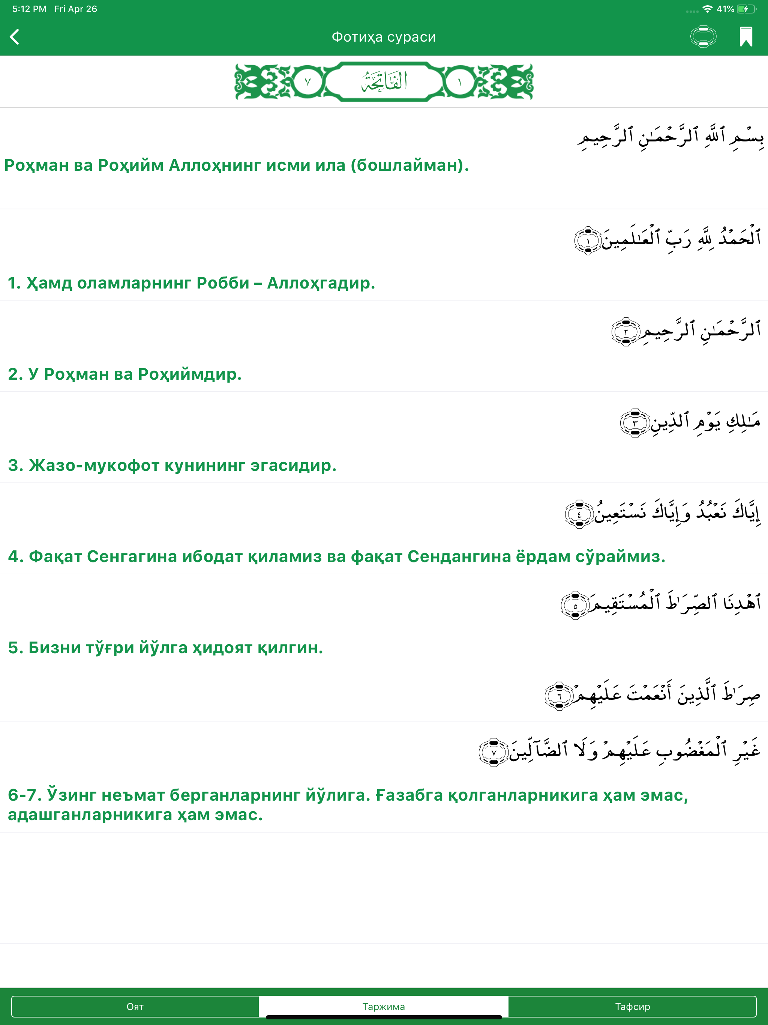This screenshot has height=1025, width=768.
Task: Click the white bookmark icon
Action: pos(746,37)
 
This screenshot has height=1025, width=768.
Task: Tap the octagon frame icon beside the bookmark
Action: pos(703,37)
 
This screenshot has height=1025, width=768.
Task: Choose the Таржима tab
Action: pos(384,1007)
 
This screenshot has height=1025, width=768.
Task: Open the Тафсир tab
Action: pos(632,1007)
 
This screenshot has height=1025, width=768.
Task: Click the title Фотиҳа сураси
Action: pos(384,37)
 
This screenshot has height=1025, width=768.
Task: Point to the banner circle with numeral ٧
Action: pos(307,83)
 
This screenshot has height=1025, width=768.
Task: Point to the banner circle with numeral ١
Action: pos(459,83)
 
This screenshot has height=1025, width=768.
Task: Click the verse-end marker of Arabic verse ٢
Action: pos(625,332)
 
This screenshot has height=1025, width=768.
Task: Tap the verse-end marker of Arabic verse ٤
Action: pos(579,514)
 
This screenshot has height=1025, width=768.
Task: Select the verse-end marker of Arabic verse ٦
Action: pos(559,696)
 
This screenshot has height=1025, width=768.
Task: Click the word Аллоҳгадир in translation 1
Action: pos(321,283)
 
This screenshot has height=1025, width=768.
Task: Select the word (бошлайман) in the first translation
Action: pos(409,165)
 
